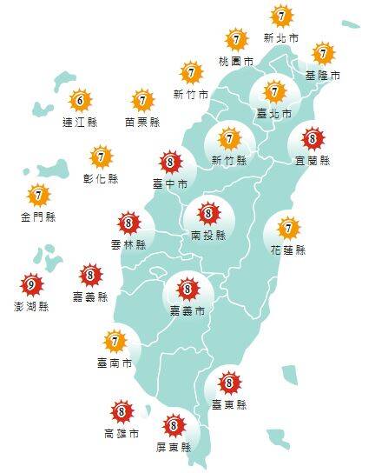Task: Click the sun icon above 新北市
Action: pyautogui.click(x=281, y=17)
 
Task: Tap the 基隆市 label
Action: pyautogui.click(x=323, y=76)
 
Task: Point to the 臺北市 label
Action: pyautogui.click(x=274, y=113)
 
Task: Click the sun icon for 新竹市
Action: pyautogui.click(x=191, y=72)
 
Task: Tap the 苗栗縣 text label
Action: pyautogui.click(x=142, y=122)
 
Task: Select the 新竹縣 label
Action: pyautogui.click(x=230, y=160)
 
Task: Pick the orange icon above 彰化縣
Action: pyautogui.click(x=102, y=157)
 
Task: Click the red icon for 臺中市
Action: pyautogui.click(x=170, y=163)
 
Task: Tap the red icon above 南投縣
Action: pyautogui.click(x=207, y=212)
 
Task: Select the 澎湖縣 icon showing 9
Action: pyautogui.click(x=32, y=284)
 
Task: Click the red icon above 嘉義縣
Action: pyautogui.click(x=90, y=276)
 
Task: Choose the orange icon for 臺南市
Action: pyautogui.click(x=115, y=340)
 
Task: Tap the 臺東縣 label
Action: pyautogui.click(x=229, y=404)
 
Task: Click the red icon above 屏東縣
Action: pyautogui.click(x=174, y=425)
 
